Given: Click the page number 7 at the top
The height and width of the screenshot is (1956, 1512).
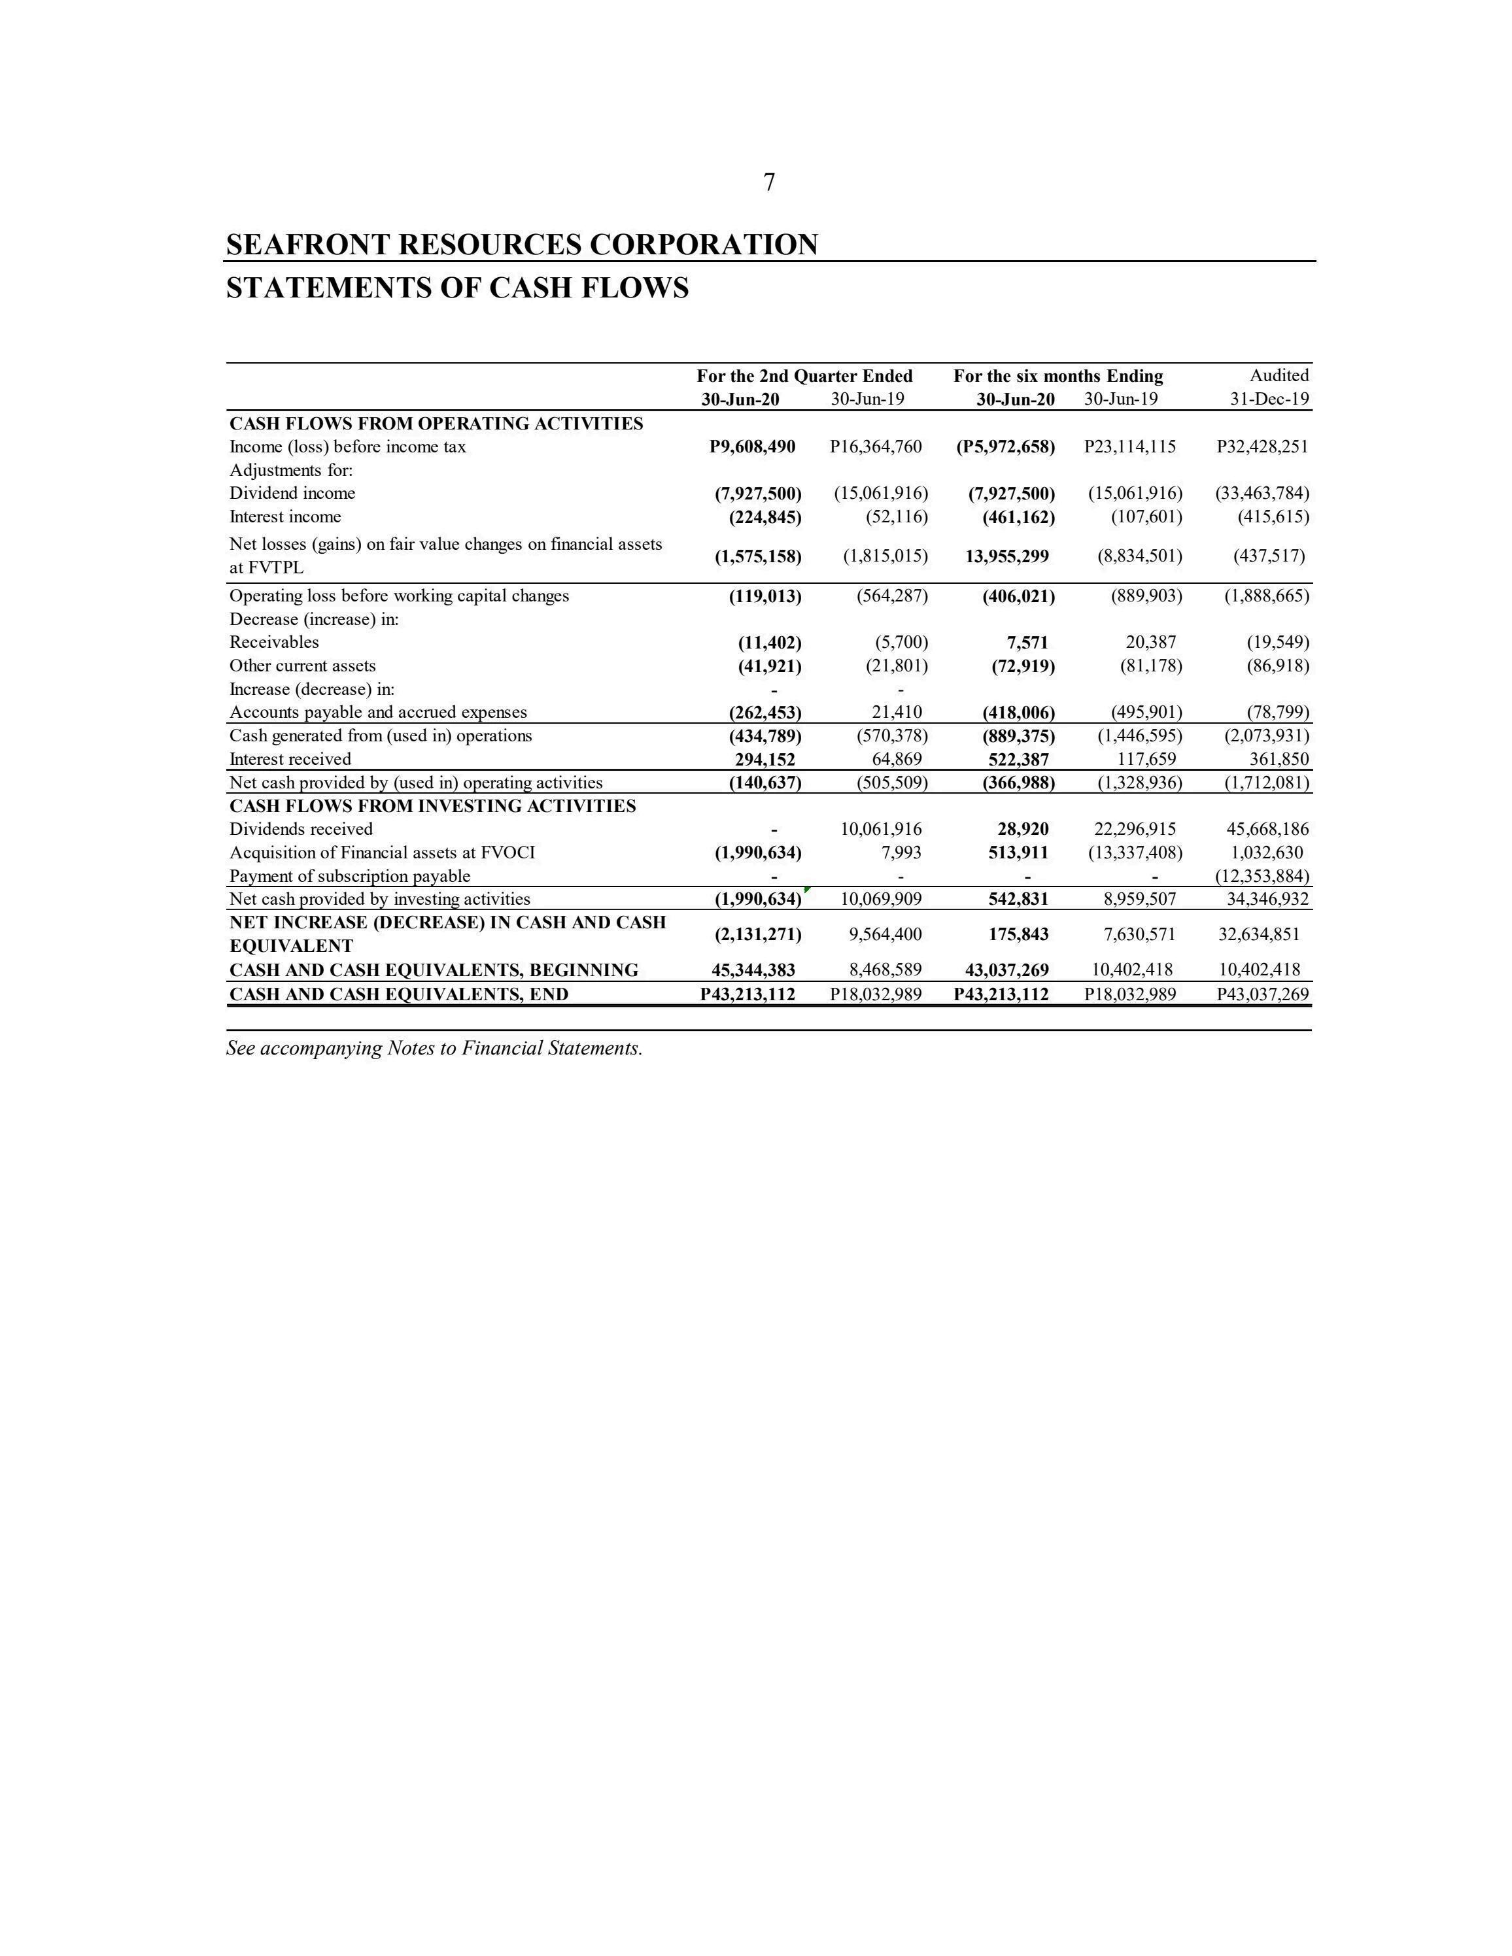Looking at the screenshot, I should coord(768,182).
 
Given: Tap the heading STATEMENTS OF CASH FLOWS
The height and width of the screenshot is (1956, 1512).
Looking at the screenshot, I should coord(457,288).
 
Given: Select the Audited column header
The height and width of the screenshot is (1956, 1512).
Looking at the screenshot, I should coord(1279,375).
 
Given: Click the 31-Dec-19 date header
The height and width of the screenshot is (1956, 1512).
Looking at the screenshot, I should coord(1269,399).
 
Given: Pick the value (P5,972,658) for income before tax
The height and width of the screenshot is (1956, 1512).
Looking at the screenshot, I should coord(1005,447).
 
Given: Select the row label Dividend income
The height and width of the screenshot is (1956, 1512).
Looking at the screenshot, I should coord(292,494).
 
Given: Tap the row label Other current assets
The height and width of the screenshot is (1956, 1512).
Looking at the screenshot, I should coord(303,666).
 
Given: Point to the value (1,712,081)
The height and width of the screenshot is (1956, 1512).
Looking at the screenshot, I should coord(1265,783).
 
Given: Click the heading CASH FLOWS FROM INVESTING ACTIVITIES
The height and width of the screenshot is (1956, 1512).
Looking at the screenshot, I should coord(433,806).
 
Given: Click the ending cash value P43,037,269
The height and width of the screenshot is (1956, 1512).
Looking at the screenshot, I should coord(1262,994).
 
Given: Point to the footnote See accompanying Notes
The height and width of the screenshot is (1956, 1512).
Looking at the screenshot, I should coord(434,1049).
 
